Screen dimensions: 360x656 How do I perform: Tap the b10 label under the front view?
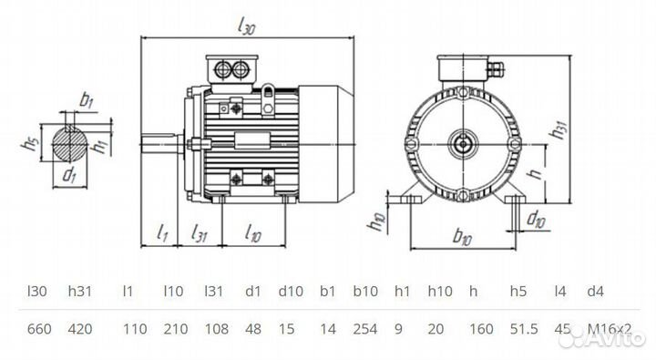point(463,237)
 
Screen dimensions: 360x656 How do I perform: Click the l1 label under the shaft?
point(162,233)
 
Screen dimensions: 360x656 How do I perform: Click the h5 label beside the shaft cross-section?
point(33,143)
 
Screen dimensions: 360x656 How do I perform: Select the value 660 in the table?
point(37,327)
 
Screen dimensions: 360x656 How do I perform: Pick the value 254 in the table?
point(364,327)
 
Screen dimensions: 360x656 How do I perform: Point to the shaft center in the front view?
point(464,142)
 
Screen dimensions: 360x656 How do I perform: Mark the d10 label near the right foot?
point(536,219)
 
